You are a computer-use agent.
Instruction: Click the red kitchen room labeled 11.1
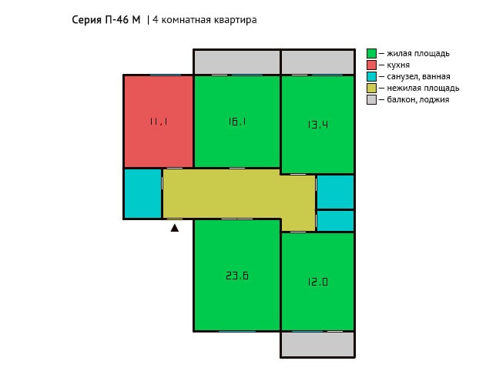pyautogui.click(x=159, y=122)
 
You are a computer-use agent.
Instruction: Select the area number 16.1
pyautogui.click(x=237, y=122)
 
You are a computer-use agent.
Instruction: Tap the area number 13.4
pyautogui.click(x=318, y=125)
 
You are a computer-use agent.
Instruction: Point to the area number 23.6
pyautogui.click(x=237, y=276)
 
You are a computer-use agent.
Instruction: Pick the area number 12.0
pyautogui.click(x=318, y=282)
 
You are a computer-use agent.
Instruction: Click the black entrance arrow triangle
pyautogui.click(x=175, y=228)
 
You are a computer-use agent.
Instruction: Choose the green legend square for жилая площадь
pyautogui.click(x=371, y=53)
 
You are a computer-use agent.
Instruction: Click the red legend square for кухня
pyautogui.click(x=371, y=65)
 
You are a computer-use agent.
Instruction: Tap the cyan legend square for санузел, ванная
pyautogui.click(x=371, y=76)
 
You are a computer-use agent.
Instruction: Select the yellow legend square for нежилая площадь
pyautogui.click(x=371, y=88)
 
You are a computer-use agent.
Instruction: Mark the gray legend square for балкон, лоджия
pyautogui.click(x=371, y=99)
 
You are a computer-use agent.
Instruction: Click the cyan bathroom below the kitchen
pyautogui.click(x=142, y=194)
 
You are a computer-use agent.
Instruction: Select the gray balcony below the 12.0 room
pyautogui.click(x=317, y=344)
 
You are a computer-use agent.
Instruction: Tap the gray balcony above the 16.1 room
pyautogui.click(x=237, y=62)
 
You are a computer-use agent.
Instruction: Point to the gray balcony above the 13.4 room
pyautogui.click(x=317, y=62)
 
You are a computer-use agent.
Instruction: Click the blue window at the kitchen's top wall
pyautogui.click(x=166, y=75)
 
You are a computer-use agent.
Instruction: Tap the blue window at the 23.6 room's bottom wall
pyautogui.click(x=237, y=331)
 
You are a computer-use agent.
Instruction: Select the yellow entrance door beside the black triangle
pyautogui.click(x=175, y=219)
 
